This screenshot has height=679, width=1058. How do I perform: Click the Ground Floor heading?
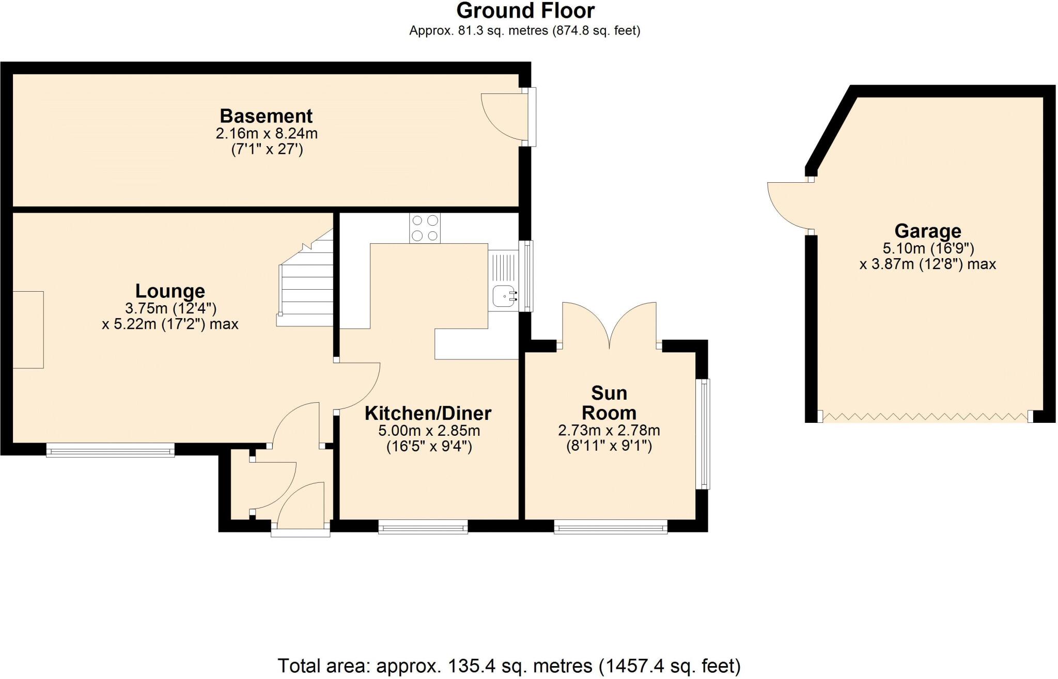pos(525,11)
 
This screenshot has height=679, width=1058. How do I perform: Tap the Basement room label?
pos(266,116)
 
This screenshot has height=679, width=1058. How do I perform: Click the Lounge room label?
pos(170,291)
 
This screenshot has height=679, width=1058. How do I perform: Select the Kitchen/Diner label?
pos(428,413)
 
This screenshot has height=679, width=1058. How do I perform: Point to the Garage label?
pos(927,231)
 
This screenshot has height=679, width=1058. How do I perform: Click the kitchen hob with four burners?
pos(425,228)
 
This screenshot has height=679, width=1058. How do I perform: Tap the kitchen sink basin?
pos(503,296)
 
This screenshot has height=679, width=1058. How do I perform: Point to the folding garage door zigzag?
pos(925,417)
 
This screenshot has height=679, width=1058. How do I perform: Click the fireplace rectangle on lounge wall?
pos(28,329)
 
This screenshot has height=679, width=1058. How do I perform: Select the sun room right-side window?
pos(703,434)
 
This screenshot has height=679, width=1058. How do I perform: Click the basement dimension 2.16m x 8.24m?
pos(266,134)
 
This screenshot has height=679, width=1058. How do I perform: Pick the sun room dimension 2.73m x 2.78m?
pos(609,430)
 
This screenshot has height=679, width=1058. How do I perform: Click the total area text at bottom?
pos(509,666)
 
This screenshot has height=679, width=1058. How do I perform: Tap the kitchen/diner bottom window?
pos(423,527)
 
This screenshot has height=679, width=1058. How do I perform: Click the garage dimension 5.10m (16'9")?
pos(927,248)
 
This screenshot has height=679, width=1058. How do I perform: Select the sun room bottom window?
pos(611,527)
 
